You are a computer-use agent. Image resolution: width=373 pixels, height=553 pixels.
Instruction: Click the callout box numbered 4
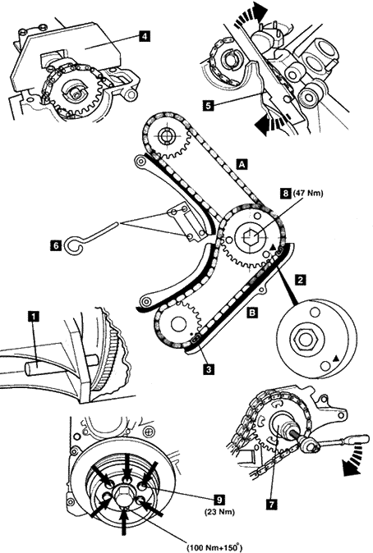tap(144, 35)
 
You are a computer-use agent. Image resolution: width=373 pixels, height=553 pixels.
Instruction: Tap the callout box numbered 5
tap(209, 105)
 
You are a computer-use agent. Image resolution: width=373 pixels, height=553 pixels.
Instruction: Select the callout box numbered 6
tap(57, 245)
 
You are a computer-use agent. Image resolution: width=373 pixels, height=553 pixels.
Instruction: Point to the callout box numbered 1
tap(34, 317)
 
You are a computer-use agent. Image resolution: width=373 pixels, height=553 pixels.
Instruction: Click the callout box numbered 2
tap(301, 280)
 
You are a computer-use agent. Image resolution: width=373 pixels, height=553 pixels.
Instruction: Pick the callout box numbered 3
tap(209, 369)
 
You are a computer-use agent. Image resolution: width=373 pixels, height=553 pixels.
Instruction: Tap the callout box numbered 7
tap(271, 505)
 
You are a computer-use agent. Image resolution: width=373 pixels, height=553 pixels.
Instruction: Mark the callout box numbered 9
tap(219, 499)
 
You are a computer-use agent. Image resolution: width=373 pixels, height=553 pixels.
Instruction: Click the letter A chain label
tap(242, 164)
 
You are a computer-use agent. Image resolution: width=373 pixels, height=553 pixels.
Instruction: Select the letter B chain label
tap(252, 312)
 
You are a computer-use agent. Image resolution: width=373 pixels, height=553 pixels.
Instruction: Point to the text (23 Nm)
tap(219, 511)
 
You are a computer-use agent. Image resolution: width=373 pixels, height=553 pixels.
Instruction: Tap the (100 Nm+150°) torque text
tap(214, 548)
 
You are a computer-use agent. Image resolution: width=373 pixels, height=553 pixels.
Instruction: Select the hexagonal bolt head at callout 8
tap(251, 236)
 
